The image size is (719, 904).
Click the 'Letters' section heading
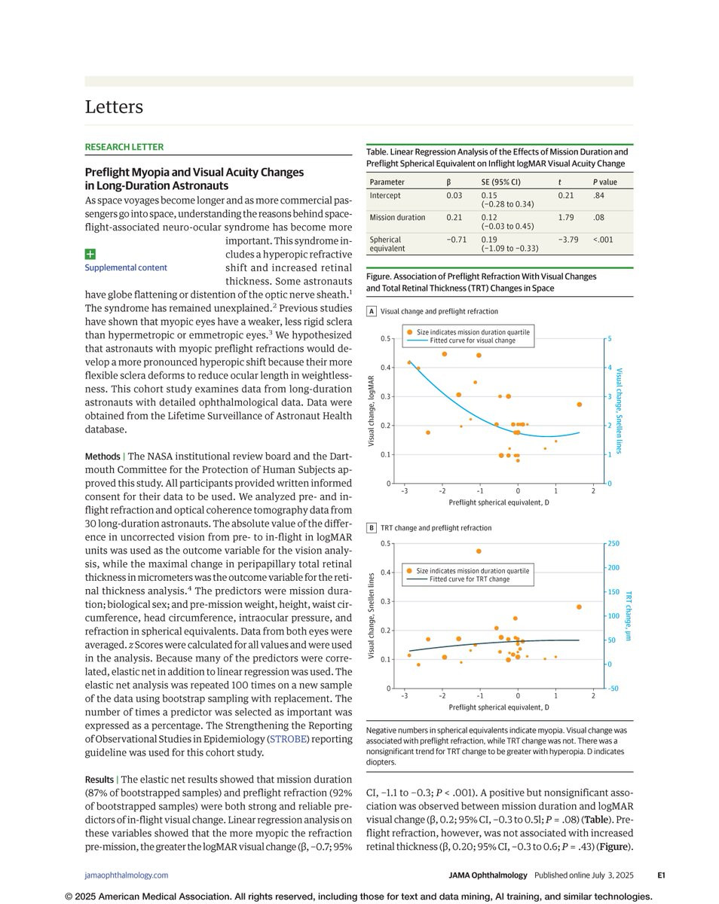click(114, 107)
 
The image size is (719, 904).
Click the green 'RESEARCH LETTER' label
click(124, 147)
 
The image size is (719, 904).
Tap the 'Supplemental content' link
click(126, 267)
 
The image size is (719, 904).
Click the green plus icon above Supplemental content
click(90, 255)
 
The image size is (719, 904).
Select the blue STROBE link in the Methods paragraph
click(288, 739)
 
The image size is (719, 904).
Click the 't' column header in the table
click(560, 182)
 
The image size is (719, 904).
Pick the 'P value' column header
click(604, 182)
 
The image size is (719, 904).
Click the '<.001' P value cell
click(604, 240)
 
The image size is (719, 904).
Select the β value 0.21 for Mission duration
click(454, 218)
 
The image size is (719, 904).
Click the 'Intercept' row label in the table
click(385, 195)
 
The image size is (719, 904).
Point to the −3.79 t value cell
click(567, 240)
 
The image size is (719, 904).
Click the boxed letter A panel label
click(372, 311)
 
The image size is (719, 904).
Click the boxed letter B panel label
click(372, 528)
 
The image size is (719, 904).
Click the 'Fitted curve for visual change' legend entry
click(473, 341)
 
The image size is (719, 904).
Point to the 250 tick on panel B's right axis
click(613, 544)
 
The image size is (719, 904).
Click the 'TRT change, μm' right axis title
click(628, 615)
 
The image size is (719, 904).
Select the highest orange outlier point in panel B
click(479, 551)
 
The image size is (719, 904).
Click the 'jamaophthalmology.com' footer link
click(126, 875)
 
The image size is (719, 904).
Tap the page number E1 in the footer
click(661, 875)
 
